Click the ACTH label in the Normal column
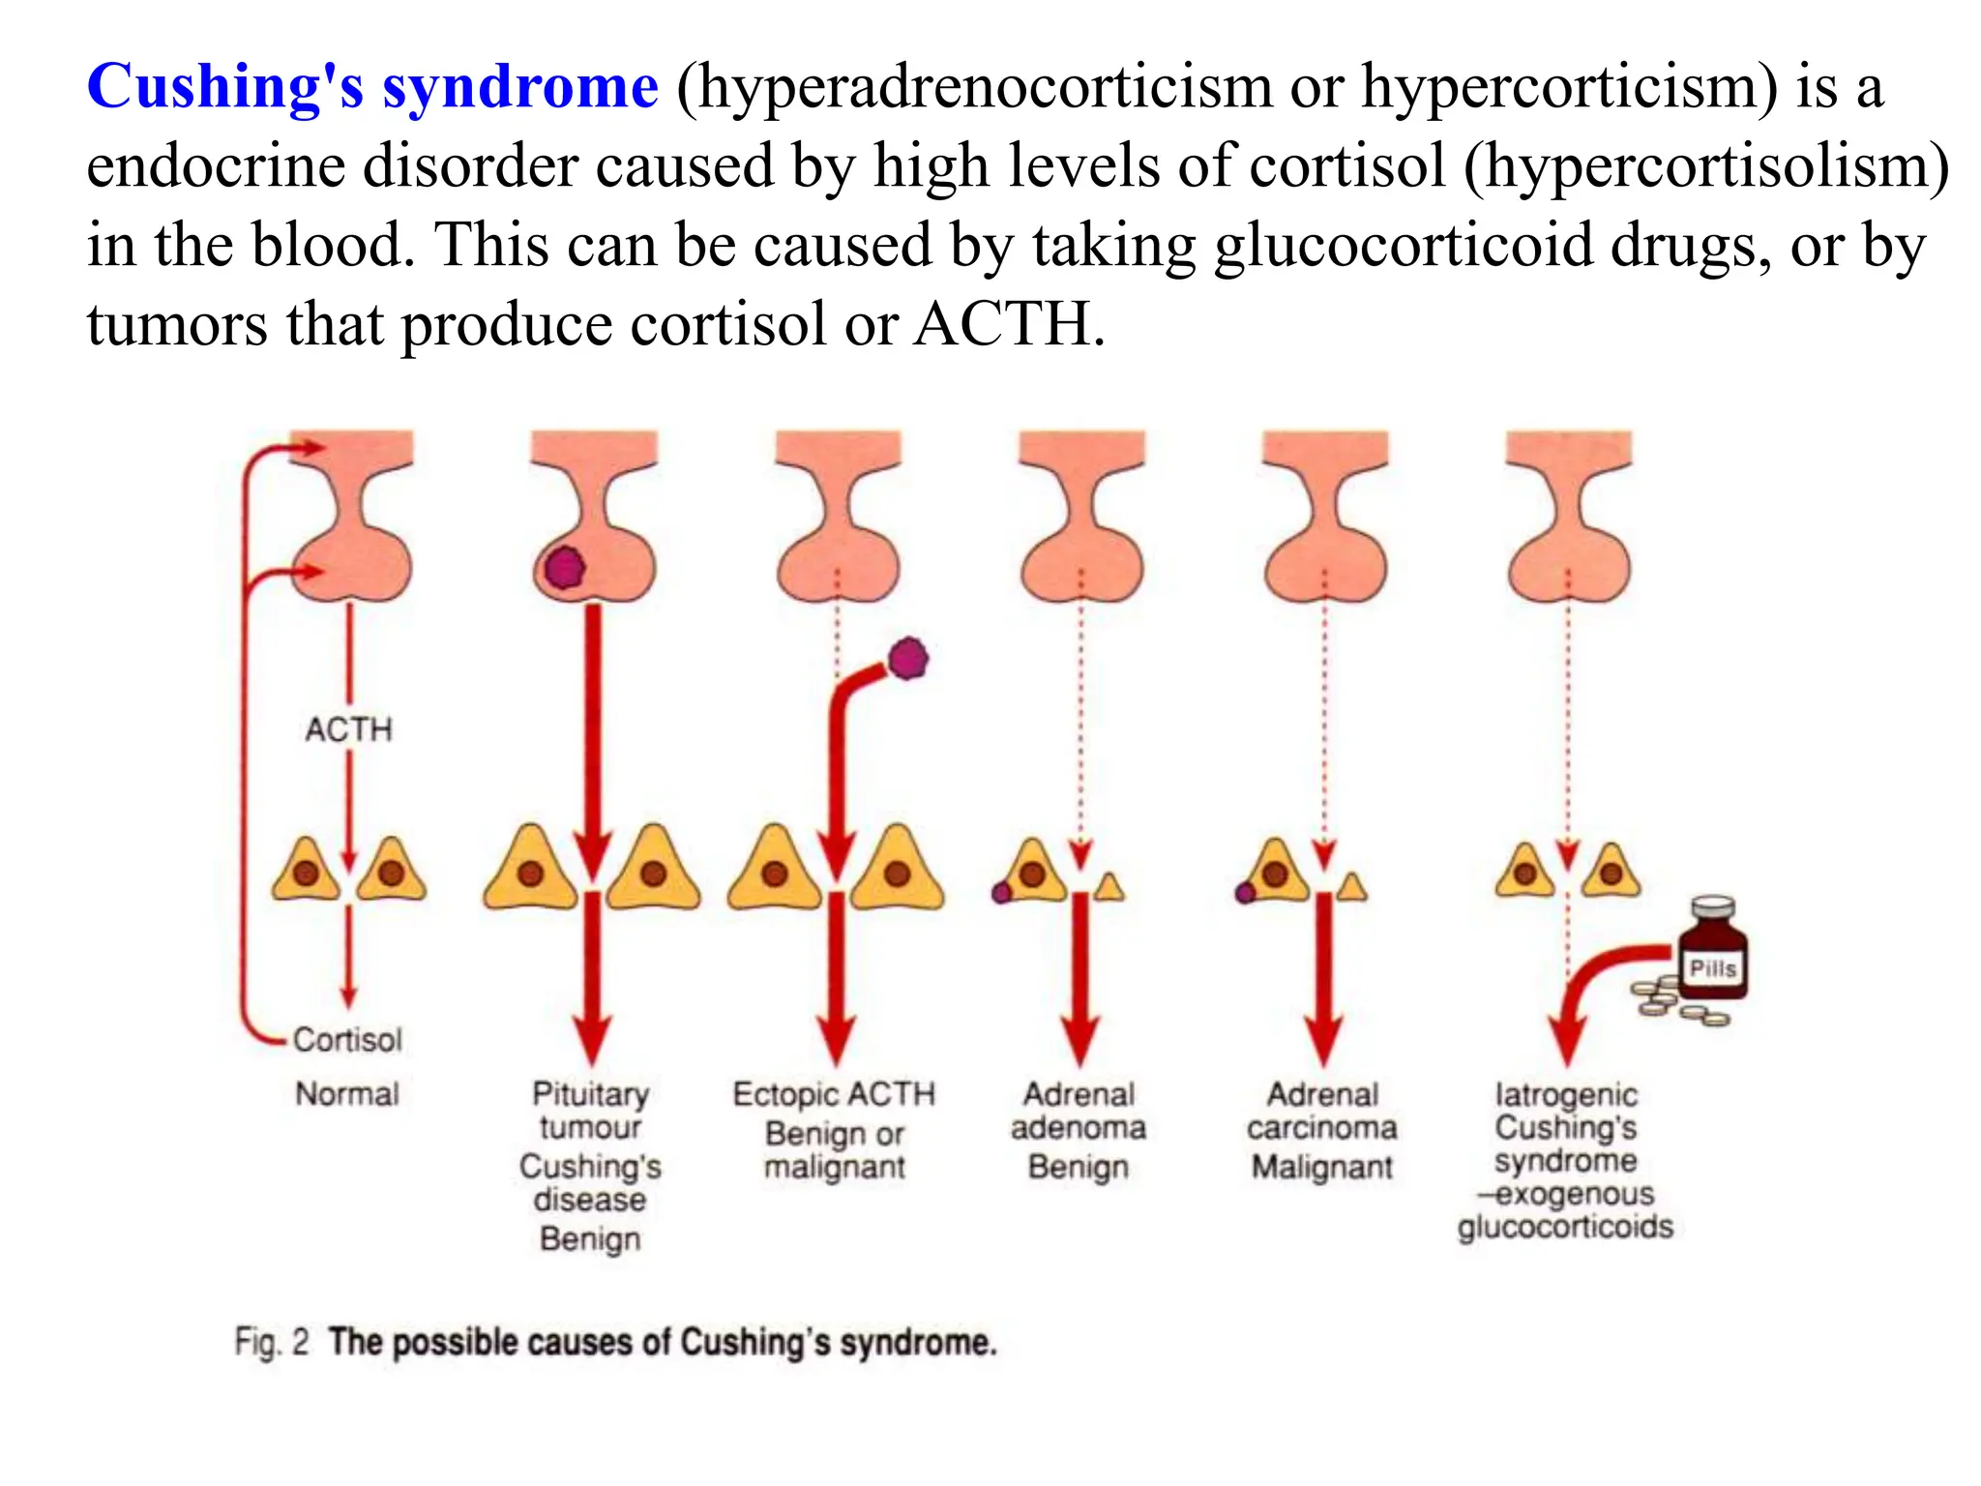click(x=349, y=729)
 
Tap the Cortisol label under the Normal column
click(x=347, y=1040)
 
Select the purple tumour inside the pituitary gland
click(x=564, y=568)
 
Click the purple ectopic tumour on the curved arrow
click(x=907, y=659)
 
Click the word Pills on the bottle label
click(x=1713, y=968)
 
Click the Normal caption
click(x=347, y=1094)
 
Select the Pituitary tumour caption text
click(x=590, y=1111)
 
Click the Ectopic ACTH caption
click(x=834, y=1094)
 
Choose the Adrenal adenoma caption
click(x=1079, y=1111)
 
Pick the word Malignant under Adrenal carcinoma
click(x=1322, y=1168)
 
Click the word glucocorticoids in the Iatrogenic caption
click(x=1565, y=1227)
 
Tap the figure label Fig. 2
click(x=272, y=1343)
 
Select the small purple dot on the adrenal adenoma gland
click(x=1002, y=892)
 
